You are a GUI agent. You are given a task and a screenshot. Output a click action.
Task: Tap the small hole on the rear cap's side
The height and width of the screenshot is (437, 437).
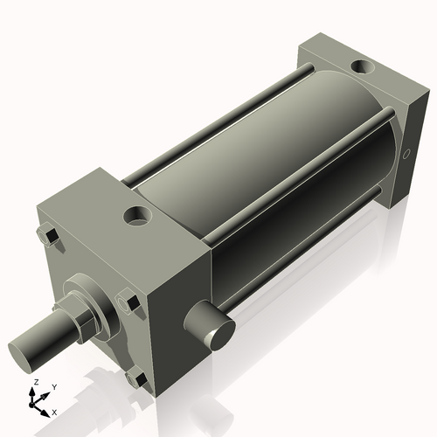[406, 156]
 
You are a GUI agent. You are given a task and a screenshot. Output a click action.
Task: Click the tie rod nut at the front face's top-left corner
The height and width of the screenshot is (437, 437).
[48, 237]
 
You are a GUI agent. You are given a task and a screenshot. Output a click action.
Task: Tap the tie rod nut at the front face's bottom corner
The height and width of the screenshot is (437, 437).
[133, 380]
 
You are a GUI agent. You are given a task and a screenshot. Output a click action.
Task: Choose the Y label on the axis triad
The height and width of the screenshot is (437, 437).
[53, 386]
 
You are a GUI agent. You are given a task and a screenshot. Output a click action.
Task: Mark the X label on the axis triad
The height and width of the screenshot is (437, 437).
[54, 411]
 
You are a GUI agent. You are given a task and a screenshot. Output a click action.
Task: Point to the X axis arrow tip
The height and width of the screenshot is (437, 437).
[47, 410]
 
